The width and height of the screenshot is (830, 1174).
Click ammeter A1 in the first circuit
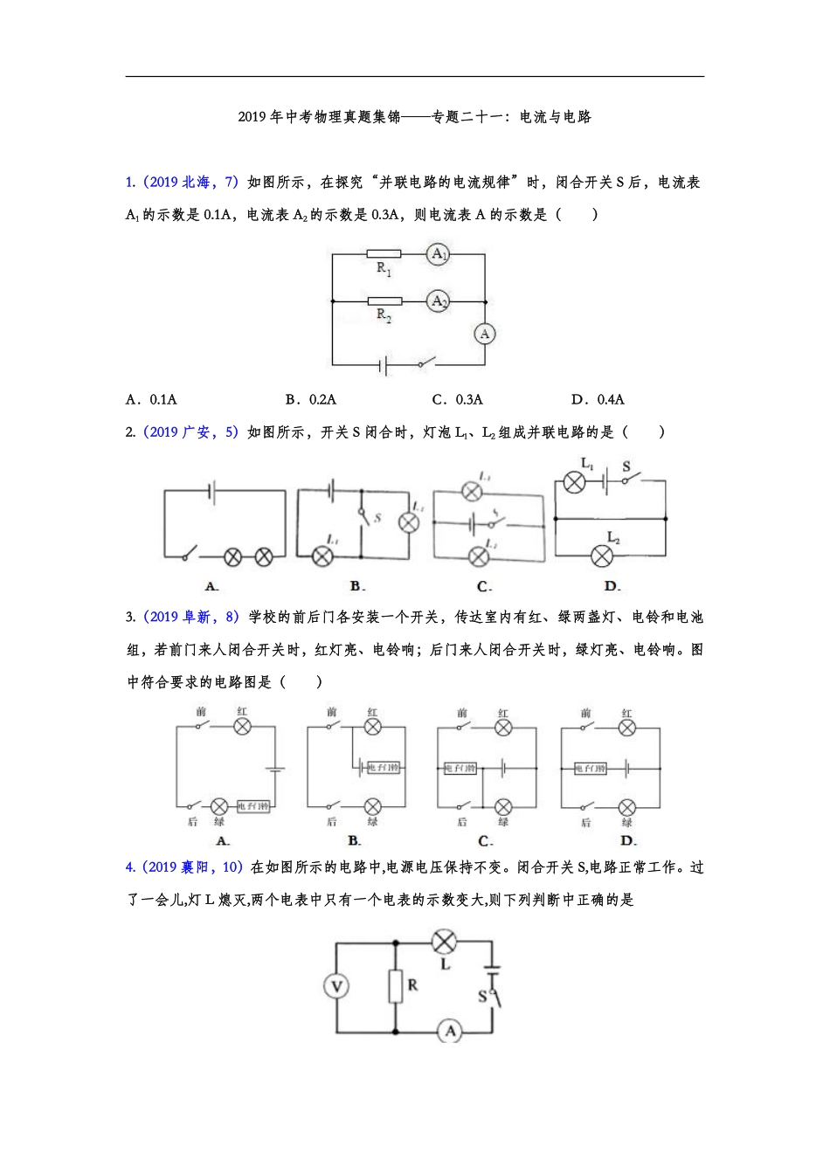pos(438,254)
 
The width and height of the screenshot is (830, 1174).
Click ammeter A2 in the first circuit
pos(438,301)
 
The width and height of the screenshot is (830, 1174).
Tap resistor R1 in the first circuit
pos(384,254)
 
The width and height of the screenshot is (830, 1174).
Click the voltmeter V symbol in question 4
pos(336,987)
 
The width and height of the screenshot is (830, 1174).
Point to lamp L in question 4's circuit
pos(445,942)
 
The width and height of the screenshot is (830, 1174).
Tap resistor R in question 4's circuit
pos(395,986)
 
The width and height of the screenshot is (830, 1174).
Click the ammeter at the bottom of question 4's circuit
pos(450,1032)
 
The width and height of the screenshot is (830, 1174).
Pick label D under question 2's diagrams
pos(612,586)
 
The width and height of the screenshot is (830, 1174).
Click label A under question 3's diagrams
pos(222,840)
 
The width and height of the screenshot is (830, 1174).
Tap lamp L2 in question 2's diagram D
pos(602,555)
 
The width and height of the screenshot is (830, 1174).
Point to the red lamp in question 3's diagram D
pos(626,727)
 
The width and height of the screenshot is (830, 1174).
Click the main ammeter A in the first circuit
pos(485,334)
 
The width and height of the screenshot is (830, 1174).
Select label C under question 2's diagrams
pos(484,586)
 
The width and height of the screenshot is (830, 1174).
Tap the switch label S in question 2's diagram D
pos(626,466)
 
